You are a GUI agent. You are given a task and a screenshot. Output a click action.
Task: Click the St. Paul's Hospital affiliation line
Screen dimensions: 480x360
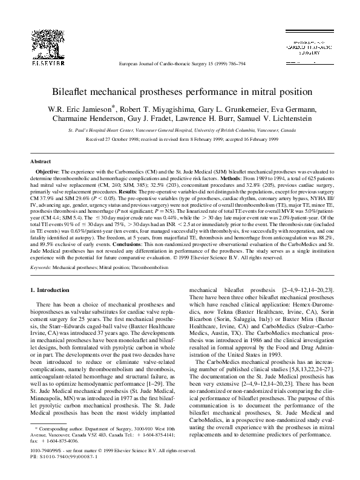click(x=180, y=130)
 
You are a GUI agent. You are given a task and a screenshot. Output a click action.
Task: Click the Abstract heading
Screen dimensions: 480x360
click(x=41, y=162)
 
